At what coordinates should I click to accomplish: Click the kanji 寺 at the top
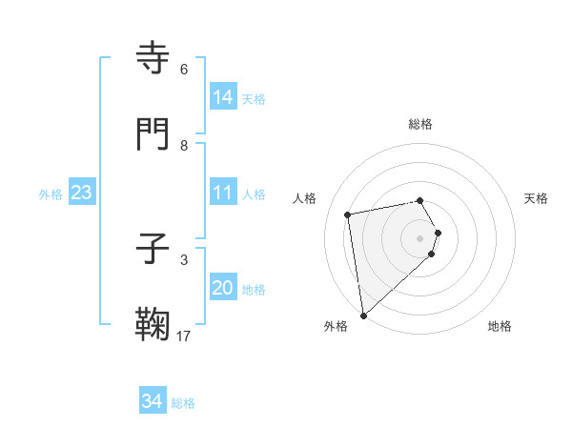pos(153,58)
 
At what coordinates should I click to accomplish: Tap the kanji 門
pos(153,134)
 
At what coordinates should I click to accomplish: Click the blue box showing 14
pos(222,97)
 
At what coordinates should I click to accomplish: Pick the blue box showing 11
pos(222,193)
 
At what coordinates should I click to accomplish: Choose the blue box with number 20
pos(222,288)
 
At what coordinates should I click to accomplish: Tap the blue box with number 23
pos(81,193)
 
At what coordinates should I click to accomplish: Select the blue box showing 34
pos(152,401)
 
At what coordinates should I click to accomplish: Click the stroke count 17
pos(184,336)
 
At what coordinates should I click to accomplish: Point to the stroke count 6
pos(184,69)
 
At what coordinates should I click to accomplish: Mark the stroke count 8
pos(184,145)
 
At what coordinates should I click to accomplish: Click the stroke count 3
pos(184,259)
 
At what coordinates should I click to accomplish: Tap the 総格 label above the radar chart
pos(420,124)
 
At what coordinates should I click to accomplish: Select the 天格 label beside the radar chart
pos(536,198)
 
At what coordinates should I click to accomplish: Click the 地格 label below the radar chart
pos(500,326)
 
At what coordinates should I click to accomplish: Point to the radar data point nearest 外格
pos(362,315)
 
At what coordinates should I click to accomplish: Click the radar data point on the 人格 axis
pos(348,214)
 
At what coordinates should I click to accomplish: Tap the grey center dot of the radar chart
pos(420,237)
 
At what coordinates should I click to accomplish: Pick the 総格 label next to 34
pos(183,403)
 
